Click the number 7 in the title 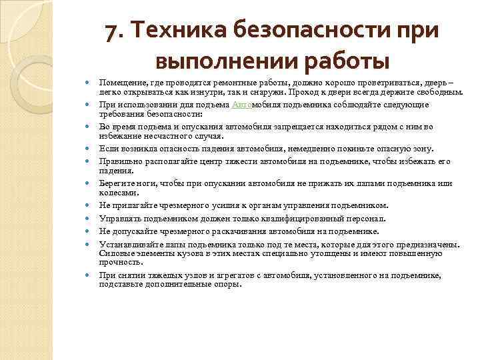[113, 32]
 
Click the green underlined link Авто [241, 105]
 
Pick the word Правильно [120, 161]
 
